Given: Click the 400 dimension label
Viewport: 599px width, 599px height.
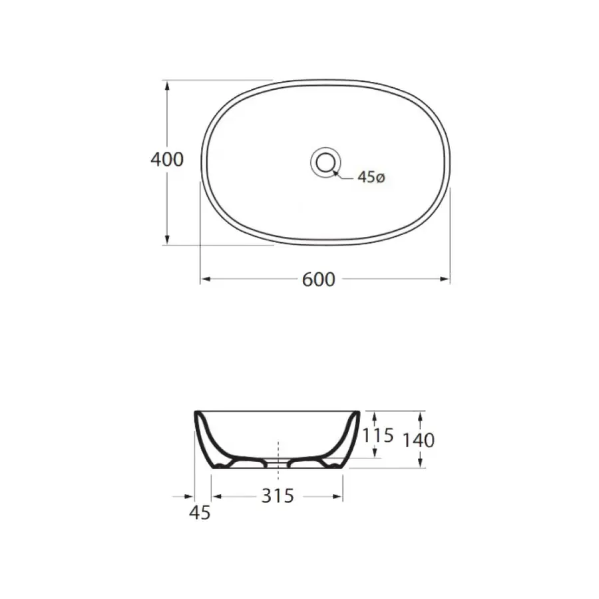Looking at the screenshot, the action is (x=167, y=160).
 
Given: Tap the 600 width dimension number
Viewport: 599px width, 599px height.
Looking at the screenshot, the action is (x=319, y=280).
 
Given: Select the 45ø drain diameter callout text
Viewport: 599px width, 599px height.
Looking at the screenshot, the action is (x=371, y=177).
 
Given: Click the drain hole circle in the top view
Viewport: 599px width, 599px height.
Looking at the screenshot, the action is (x=325, y=162).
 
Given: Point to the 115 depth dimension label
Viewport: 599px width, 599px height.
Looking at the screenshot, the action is (x=378, y=435).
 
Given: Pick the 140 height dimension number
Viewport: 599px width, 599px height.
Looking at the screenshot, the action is (x=419, y=441).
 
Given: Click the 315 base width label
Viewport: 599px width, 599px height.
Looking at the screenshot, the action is (x=278, y=496).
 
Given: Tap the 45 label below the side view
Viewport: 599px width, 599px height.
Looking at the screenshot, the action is (x=200, y=512).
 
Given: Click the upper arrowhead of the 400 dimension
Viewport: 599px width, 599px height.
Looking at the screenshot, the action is (x=167, y=86).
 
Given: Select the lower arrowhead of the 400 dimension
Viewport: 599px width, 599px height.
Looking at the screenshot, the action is (x=167, y=240).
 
